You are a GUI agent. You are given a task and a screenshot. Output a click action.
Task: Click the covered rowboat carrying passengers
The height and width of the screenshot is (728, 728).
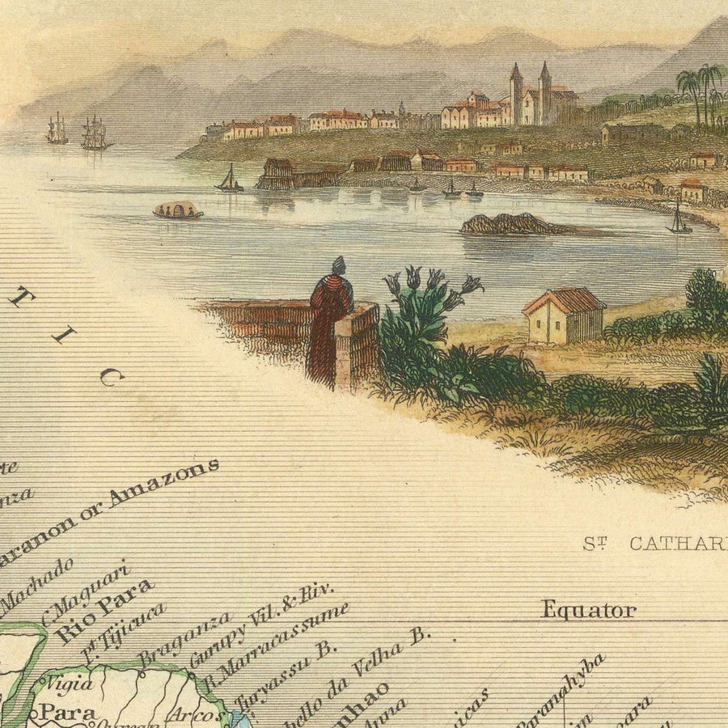click(x=177, y=210)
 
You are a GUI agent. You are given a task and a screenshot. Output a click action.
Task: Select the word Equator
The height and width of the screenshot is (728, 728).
click(x=588, y=610)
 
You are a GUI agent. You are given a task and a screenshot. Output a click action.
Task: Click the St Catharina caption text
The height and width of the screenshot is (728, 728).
click(x=655, y=543)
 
